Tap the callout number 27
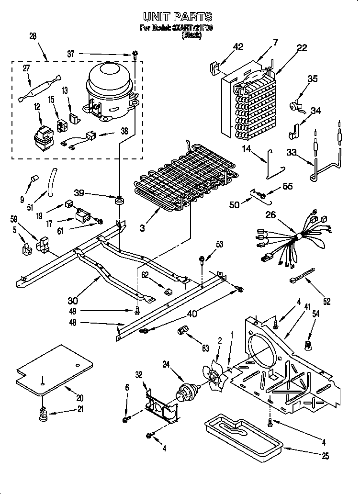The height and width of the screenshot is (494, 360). [x=26, y=68]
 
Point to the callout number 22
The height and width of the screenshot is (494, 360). [x=302, y=47]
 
